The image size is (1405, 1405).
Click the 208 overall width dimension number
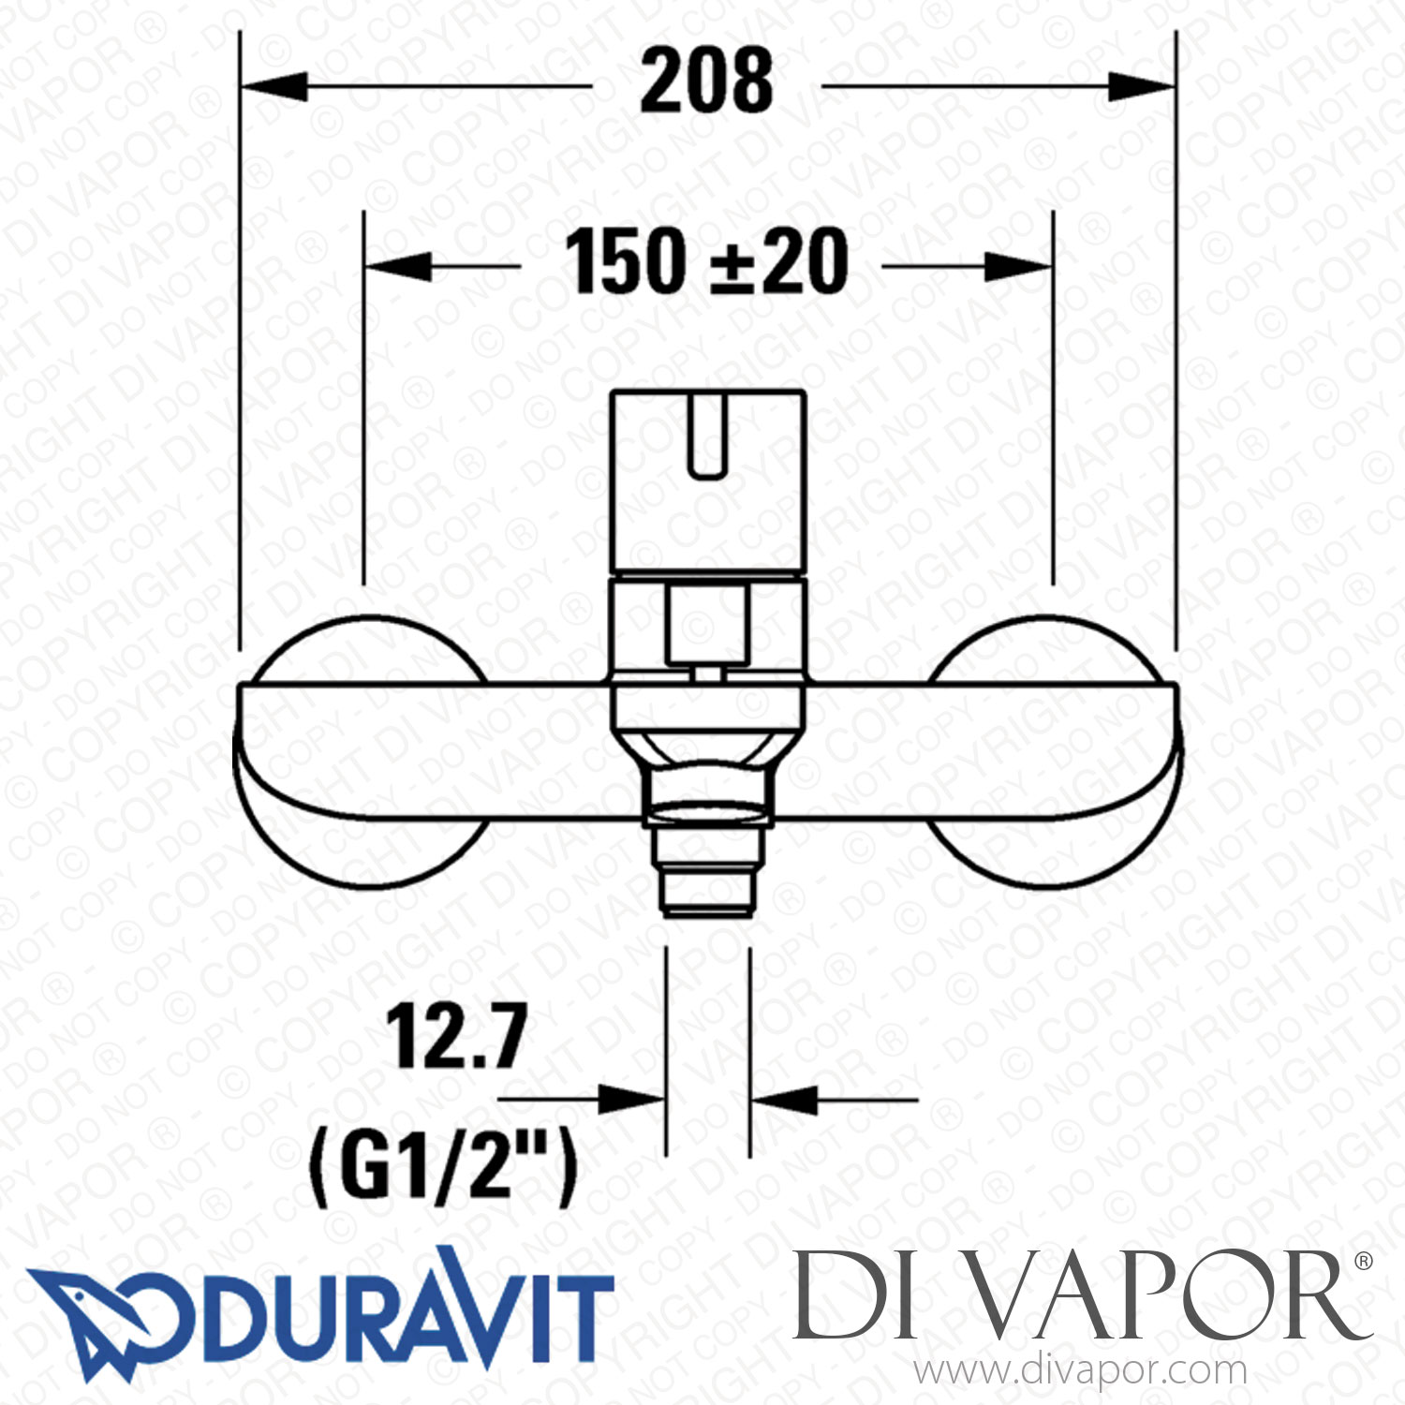pyautogui.click(x=707, y=82)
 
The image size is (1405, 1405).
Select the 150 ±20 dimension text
pyautogui.click(x=707, y=263)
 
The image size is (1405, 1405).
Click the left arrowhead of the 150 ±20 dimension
pyautogui.click(x=398, y=267)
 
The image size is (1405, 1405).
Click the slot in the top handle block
pyautogui.click(x=707, y=436)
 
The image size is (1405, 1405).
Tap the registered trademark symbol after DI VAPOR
pyautogui.click(x=1364, y=1262)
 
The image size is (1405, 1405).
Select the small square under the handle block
pyautogui.click(x=707, y=624)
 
